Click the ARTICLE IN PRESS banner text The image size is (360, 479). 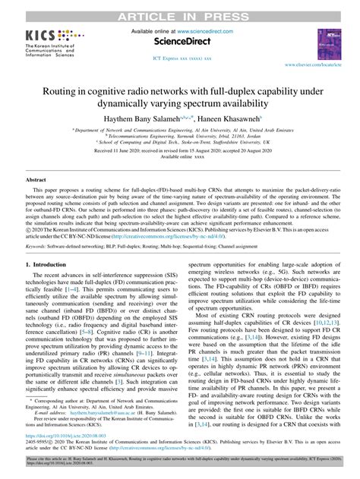(x=179, y=8)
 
